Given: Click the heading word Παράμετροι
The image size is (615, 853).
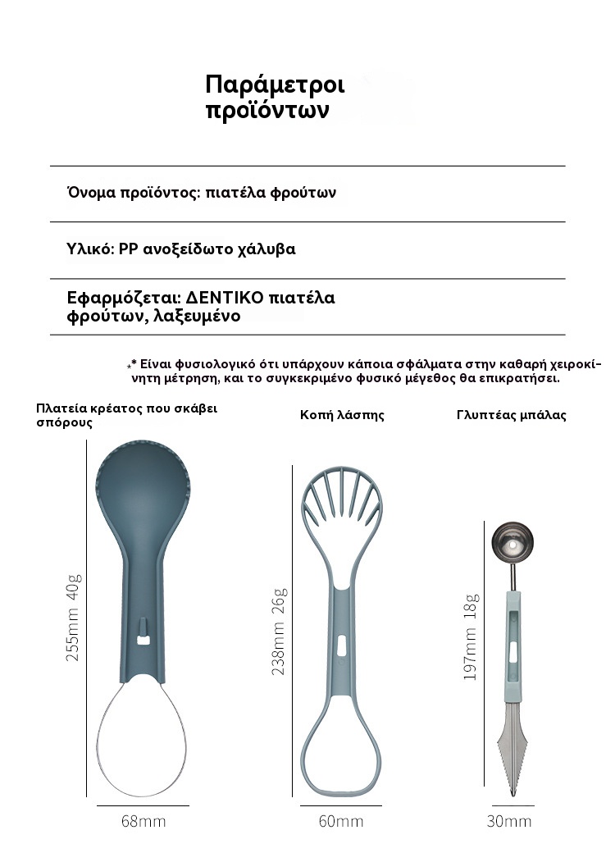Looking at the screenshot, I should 275,85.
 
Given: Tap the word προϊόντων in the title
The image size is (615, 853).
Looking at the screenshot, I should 266,111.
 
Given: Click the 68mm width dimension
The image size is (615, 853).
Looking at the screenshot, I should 143,821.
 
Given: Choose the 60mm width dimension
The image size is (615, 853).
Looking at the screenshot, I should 340,821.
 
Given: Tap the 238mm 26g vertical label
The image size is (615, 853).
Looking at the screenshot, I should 279,631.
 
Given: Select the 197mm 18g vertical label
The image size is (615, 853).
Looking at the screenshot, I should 471,639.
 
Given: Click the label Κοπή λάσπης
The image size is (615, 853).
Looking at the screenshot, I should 342,415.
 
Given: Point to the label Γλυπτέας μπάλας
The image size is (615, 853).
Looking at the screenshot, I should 511,415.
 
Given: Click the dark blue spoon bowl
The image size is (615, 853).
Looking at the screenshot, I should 143,492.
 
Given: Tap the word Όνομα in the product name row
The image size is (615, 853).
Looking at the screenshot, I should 91,194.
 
